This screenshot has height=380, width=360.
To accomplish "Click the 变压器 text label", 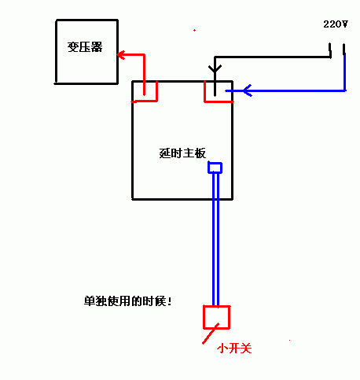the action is coord(85,47).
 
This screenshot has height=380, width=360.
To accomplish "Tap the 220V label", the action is coord(336,24).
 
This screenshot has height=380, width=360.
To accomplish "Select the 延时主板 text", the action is coord(182,153).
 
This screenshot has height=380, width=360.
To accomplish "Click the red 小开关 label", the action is coord(234,349).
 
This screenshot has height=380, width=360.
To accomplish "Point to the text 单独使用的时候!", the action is coord(128,301).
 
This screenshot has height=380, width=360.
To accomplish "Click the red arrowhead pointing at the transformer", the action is coord(120,55).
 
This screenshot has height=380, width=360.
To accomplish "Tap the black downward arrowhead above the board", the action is coord(215,68).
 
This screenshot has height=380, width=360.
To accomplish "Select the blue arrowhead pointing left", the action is coord(248,90).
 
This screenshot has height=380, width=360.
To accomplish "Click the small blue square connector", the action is coord(215,168).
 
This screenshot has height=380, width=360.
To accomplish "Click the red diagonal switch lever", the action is coord(211,334).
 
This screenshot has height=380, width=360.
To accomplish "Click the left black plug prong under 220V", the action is coord(330,50).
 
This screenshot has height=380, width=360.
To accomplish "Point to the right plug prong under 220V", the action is coord(343,50).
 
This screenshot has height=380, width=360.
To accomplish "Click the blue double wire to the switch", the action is coord(215,238).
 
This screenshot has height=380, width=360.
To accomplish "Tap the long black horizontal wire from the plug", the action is coord(273,57).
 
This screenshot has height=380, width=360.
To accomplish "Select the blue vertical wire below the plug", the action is coord(344,72).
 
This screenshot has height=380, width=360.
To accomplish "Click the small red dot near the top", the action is coord(194,31).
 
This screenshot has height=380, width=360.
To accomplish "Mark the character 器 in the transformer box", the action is coord(97,47).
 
